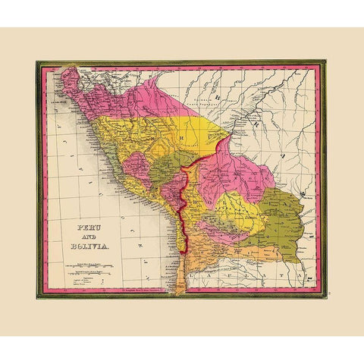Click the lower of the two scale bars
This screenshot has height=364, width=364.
[x=89, y=269]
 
